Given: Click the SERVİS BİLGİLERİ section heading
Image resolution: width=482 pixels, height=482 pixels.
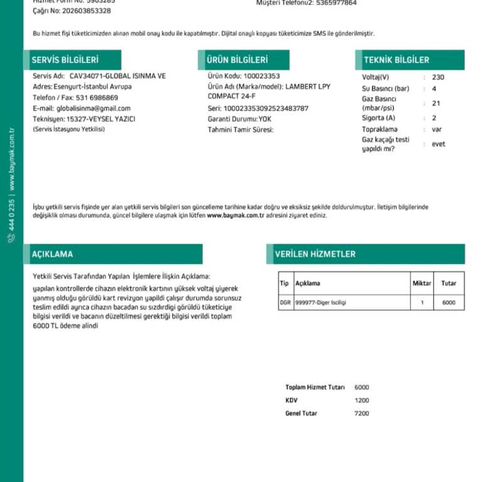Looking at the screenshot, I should pyautogui.click(x=65, y=60).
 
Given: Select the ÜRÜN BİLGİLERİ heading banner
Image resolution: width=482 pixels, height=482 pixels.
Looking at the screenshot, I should pyautogui.click(x=237, y=60).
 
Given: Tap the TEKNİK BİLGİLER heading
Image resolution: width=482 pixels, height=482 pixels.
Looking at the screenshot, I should pyautogui.click(x=397, y=60).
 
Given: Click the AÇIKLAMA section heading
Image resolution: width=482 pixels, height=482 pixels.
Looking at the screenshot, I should pyautogui.click(x=52, y=254).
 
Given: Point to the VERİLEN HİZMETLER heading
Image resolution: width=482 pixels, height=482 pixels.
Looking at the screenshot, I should pyautogui.click(x=315, y=254).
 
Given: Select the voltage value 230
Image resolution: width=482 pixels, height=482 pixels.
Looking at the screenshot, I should pyautogui.click(x=438, y=77).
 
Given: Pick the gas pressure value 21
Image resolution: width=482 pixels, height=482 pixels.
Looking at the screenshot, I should pyautogui.click(x=436, y=104).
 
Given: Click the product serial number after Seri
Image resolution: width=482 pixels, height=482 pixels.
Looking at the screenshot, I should pyautogui.click(x=266, y=108).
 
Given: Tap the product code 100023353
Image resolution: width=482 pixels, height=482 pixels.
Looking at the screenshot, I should pyautogui.click(x=262, y=76).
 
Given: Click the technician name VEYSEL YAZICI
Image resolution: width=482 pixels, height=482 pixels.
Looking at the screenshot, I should pyautogui.click(x=113, y=119).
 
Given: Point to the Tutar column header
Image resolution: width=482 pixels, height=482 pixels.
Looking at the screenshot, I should pyautogui.click(x=448, y=284).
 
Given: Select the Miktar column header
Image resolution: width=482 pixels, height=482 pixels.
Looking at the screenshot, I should pyautogui.click(x=422, y=284).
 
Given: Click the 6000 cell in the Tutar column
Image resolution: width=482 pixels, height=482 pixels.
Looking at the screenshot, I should pyautogui.click(x=448, y=303).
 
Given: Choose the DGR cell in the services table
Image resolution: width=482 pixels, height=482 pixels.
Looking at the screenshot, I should pyautogui.click(x=286, y=303).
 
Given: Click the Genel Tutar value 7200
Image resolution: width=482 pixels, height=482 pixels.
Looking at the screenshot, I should pyautogui.click(x=362, y=413).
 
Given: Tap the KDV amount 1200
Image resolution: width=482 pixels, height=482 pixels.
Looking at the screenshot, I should pyautogui.click(x=362, y=400).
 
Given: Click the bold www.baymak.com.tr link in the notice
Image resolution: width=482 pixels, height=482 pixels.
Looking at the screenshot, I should pyautogui.click(x=235, y=215).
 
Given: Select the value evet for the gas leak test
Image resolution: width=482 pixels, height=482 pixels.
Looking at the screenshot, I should pyautogui.click(x=439, y=144).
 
